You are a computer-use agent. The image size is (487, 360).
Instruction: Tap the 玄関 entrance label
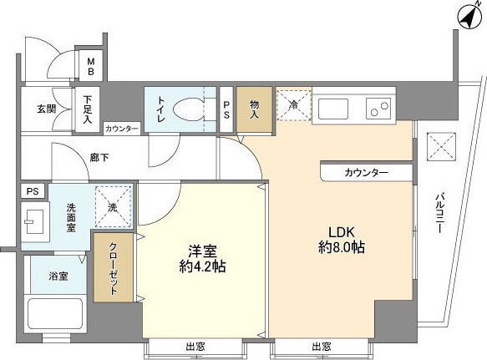[x=46, y=108]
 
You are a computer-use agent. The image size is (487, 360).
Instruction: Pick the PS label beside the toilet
[x=227, y=109]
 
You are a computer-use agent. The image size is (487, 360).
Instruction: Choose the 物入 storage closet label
[x=254, y=109]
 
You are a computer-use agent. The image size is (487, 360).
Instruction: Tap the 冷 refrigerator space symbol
[x=293, y=106]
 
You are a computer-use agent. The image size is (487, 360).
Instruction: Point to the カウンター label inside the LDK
[x=366, y=172]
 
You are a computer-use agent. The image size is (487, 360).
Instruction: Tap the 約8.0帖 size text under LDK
[x=340, y=248]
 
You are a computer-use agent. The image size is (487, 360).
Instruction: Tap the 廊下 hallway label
[x=99, y=156]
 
